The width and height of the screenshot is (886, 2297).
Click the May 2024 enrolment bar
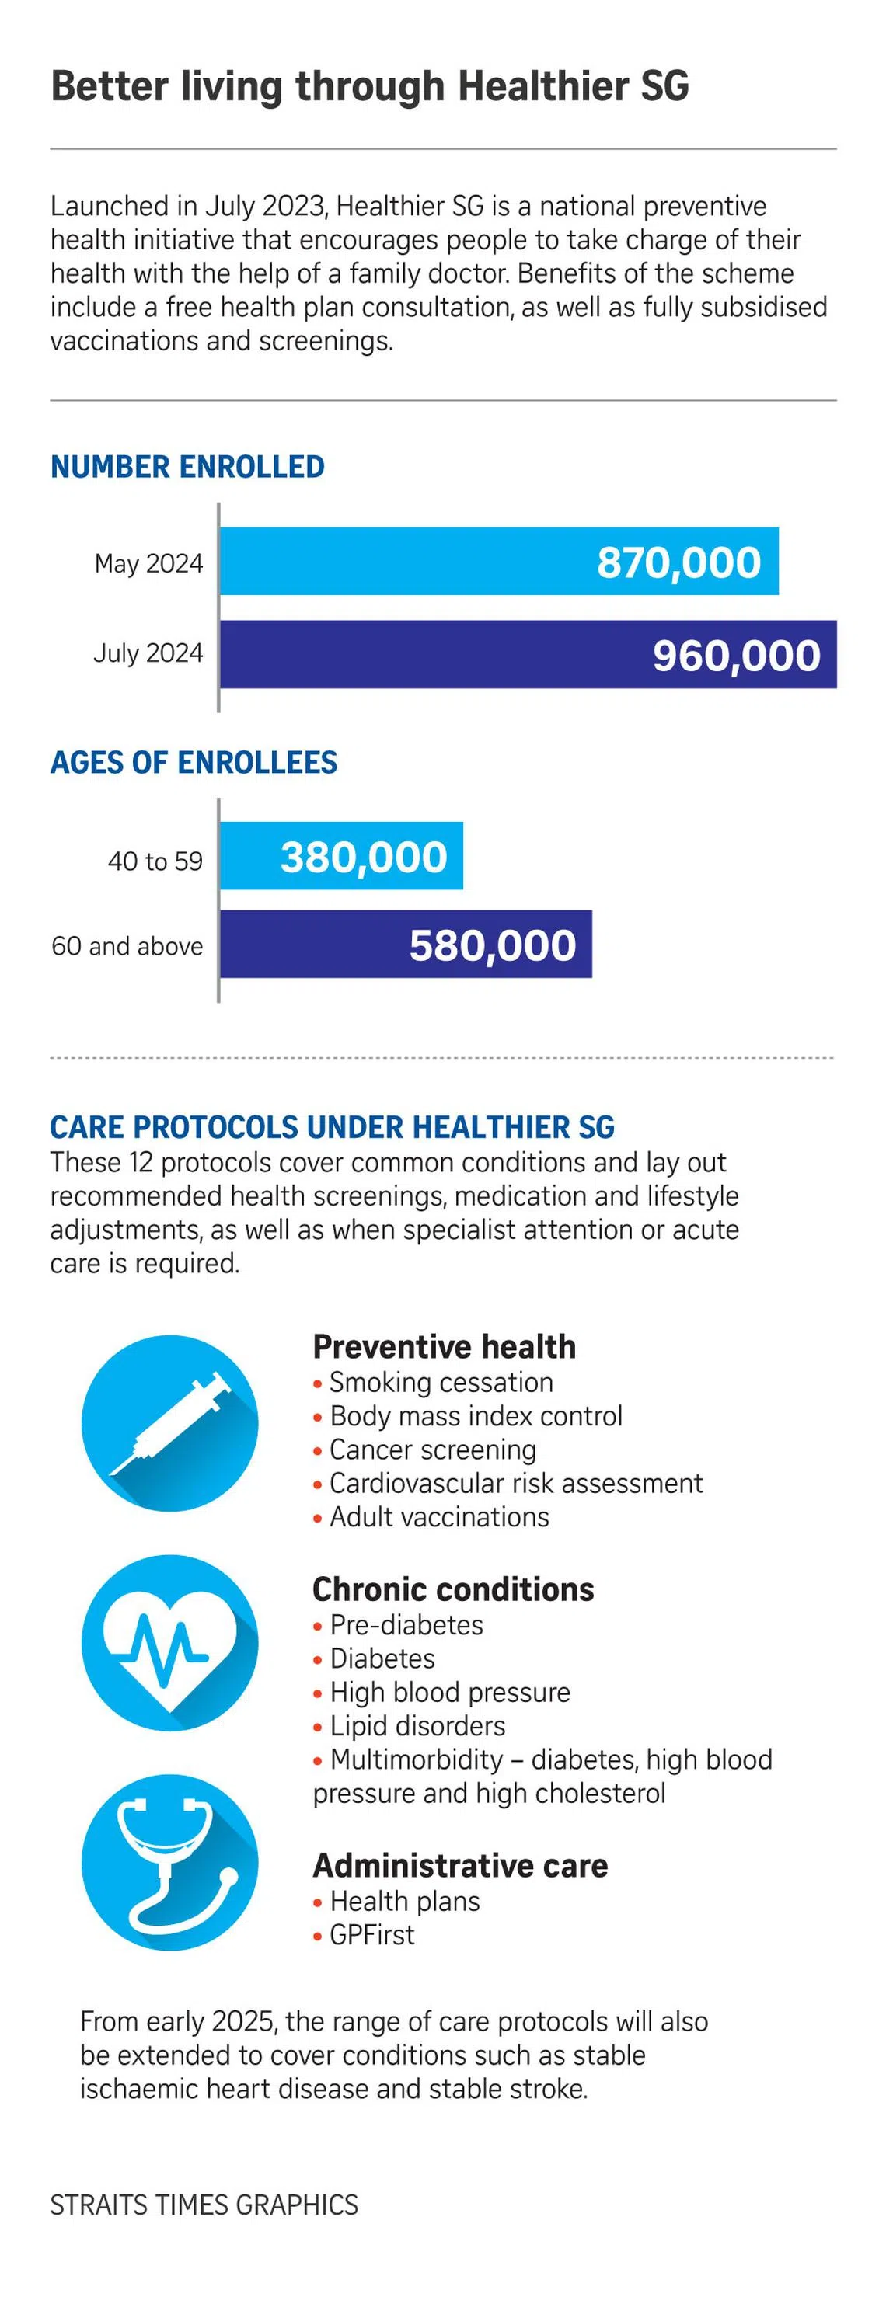point(499,561)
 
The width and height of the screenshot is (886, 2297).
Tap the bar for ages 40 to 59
point(342,856)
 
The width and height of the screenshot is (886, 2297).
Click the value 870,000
point(679,562)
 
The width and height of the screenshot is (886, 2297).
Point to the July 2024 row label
point(148,653)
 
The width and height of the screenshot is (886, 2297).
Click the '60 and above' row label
point(127,945)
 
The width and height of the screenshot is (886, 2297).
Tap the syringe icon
point(169,1423)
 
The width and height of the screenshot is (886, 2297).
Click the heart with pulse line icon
point(169,1642)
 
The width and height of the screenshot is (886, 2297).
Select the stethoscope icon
point(169,1862)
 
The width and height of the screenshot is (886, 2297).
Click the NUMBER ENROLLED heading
point(187,466)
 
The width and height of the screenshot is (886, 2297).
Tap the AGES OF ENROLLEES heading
point(194,762)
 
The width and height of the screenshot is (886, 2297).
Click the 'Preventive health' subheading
point(445,1346)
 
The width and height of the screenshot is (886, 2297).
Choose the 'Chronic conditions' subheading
point(453,1589)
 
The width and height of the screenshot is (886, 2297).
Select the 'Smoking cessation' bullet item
point(433,1382)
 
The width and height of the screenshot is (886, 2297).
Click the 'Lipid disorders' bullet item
point(409,1725)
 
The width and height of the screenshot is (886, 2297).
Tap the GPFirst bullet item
point(364,1934)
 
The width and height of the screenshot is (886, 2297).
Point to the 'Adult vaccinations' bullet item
point(431,1517)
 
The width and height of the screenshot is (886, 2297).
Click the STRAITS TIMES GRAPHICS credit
point(204,2205)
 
